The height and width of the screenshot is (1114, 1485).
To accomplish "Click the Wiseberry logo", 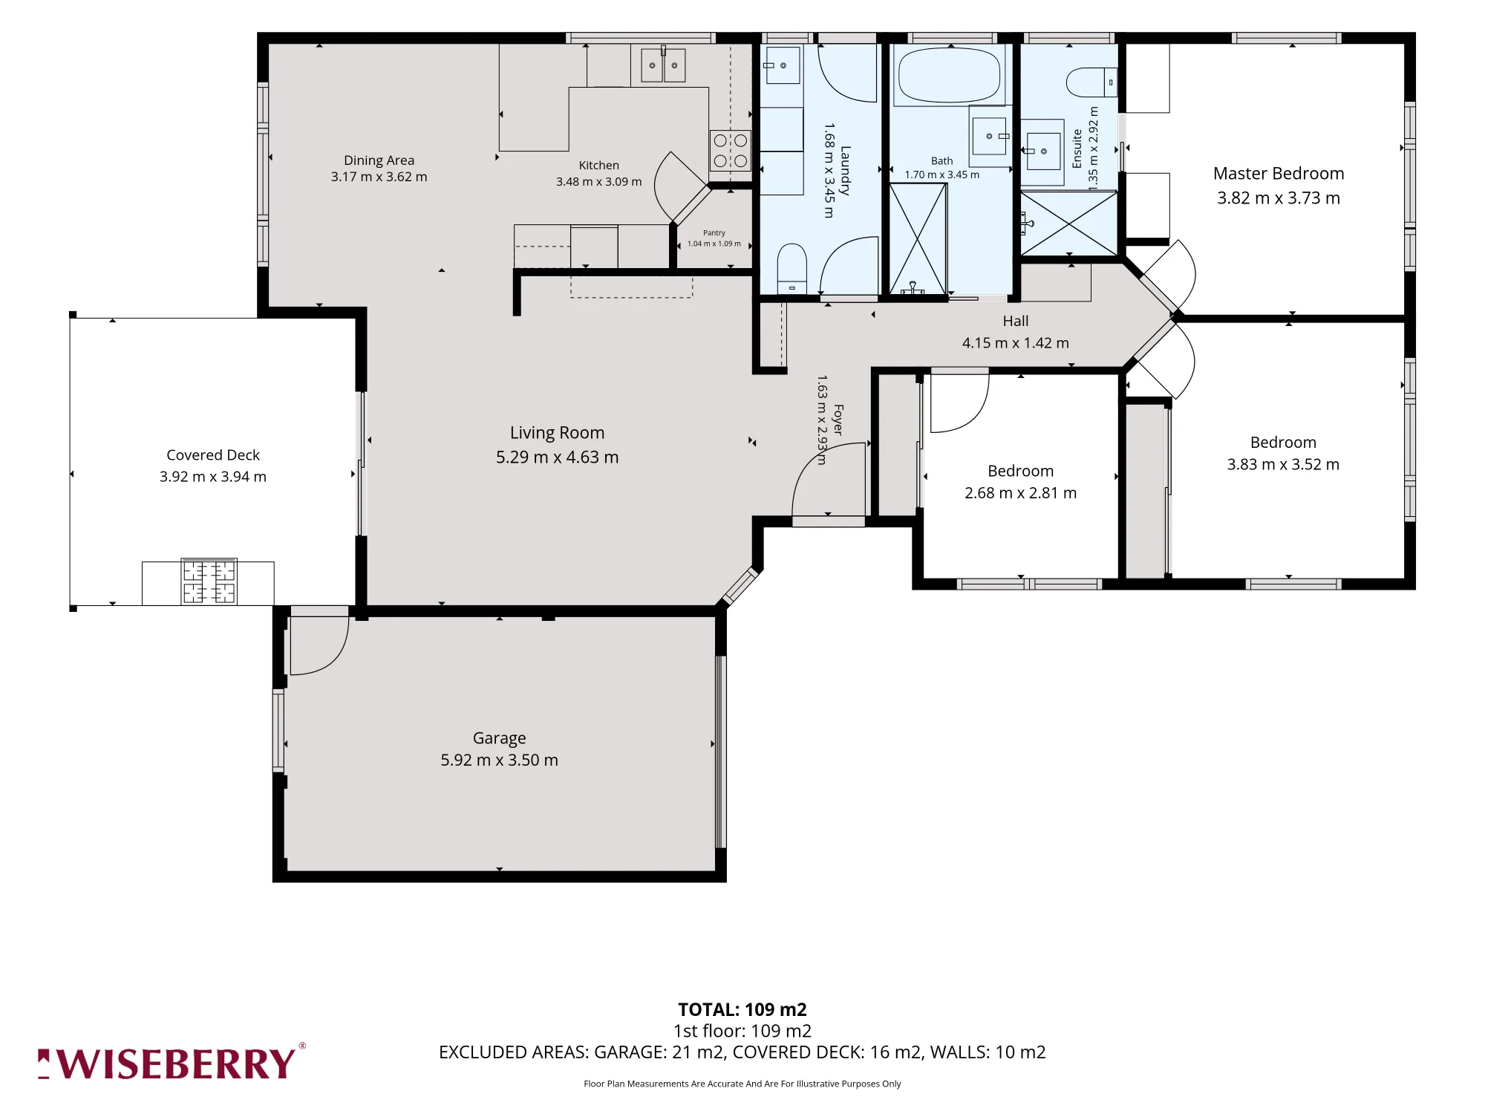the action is point(172,1063).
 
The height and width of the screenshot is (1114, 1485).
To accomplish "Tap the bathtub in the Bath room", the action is point(950,75).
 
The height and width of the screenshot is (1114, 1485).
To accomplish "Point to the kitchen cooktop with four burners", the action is point(731,151).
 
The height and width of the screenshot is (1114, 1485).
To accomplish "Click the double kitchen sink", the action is point(663,65).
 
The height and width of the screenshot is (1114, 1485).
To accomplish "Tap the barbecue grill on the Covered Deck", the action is point(209,582).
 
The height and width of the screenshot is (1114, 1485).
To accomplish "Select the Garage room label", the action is point(500,738).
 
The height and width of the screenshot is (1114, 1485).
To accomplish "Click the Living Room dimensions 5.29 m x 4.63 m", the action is point(558,457).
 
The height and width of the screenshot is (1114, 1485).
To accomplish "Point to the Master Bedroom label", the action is point(1279,174).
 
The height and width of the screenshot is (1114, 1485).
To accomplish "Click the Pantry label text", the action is point(714,232).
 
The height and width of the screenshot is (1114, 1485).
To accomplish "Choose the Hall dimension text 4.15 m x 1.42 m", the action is point(1016,343).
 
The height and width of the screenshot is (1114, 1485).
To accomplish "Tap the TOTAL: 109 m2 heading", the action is point(742,1009).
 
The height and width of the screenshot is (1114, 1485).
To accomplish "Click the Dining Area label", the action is point(379,160).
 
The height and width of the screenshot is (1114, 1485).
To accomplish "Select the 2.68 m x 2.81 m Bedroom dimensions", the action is point(1021,493).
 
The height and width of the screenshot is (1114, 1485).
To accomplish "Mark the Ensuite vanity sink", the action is point(1042,152).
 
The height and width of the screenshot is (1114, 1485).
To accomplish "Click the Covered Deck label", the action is point(213,455).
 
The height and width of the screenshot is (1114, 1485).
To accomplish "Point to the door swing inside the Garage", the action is point(319,645).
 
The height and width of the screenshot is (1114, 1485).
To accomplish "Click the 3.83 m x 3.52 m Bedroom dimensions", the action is point(1284,465).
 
